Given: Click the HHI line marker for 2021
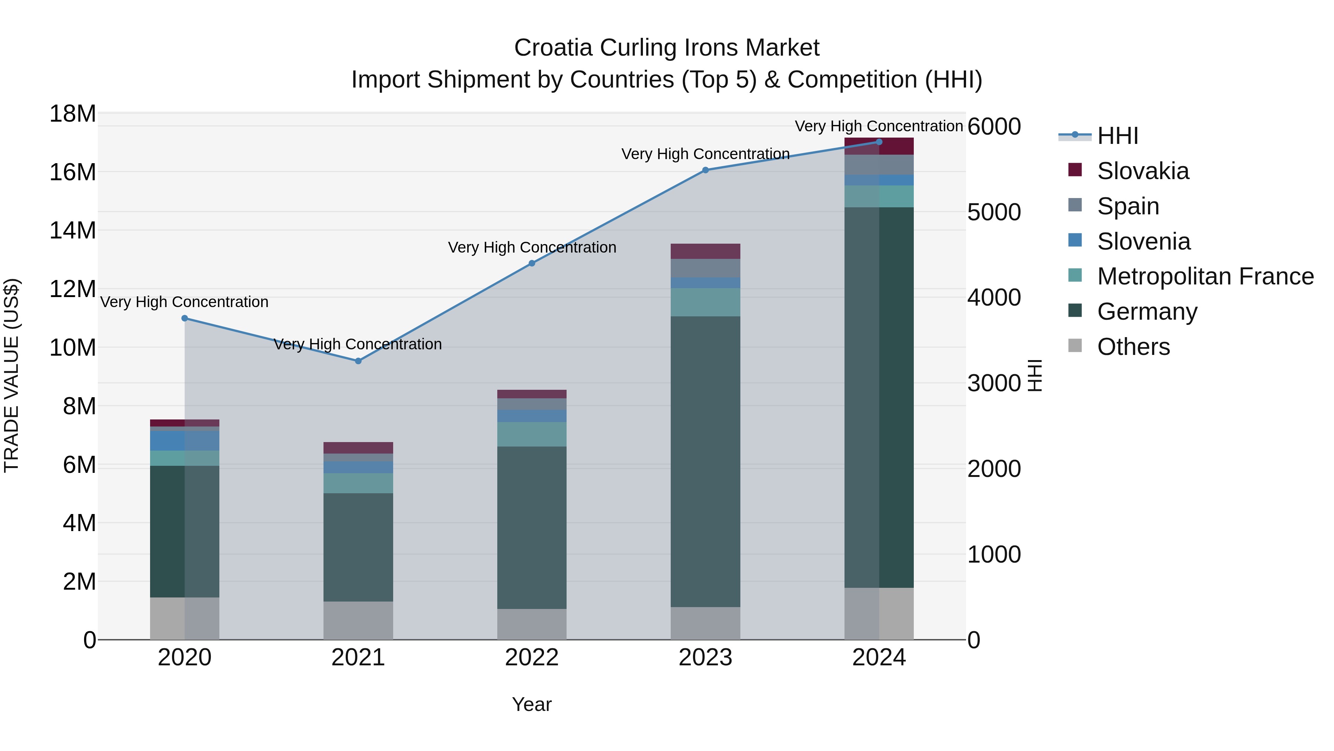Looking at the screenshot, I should coord(358,361).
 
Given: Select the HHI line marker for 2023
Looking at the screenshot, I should coord(705,170).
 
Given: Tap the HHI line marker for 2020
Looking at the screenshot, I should coord(185,318).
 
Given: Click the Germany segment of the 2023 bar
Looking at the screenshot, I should coord(705,461).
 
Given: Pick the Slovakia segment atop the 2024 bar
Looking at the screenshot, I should coord(879,146).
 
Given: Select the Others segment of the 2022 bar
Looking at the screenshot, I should coord(532,624).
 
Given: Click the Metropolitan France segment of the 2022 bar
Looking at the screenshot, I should coord(532,434).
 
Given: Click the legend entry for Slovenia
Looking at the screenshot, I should coord(1144,241).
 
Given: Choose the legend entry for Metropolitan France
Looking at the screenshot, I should coord(1205,277).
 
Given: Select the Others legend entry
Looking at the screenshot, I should coord(1133,347).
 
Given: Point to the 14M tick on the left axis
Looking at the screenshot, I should coord(73,230).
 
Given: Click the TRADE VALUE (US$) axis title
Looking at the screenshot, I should coord(11,375).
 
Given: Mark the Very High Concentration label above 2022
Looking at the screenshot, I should coord(532,248).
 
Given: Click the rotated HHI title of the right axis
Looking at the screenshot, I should coord(1034,375).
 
